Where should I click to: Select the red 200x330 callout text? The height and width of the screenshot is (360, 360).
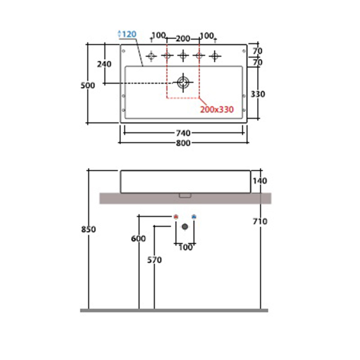[217, 110]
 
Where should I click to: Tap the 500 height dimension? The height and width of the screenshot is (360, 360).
[88, 86]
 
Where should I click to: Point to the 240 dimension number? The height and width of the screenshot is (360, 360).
[104, 64]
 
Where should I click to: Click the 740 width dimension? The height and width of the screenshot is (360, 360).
[183, 133]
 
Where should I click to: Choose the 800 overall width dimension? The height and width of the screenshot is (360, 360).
[183, 143]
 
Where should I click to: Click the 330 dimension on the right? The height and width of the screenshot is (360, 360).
[258, 94]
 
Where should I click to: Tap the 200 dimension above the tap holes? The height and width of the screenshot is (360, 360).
[183, 39]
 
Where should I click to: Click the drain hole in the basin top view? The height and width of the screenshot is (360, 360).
[183, 82]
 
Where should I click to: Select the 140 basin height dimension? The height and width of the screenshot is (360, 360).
[260, 181]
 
